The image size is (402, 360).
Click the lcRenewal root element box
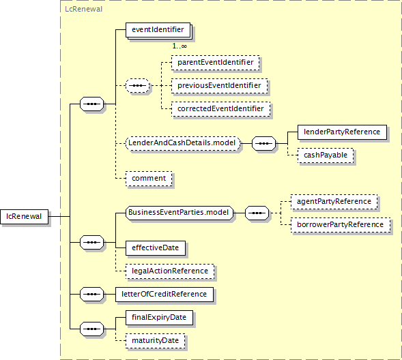[24, 217]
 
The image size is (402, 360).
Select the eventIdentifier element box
[158, 30]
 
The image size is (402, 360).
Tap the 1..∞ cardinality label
[180, 46]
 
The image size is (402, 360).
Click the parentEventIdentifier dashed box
[216, 63]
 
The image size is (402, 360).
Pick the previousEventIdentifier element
[219, 85]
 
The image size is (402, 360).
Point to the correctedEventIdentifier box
[220, 109]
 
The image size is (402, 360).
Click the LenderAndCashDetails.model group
[183, 143]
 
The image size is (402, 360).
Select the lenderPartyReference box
[342, 132]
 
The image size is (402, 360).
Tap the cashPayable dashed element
[326, 155]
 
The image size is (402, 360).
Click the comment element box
[149, 179]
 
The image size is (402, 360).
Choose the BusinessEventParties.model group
[180, 213]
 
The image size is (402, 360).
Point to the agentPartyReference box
[334, 202]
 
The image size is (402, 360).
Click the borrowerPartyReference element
[341, 225]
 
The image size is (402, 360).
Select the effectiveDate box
[156, 248]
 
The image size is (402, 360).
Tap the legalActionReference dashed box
[170, 271]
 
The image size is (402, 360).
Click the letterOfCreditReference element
[164, 295]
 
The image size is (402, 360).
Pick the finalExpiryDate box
[159, 318]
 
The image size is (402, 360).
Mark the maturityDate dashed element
[156, 341]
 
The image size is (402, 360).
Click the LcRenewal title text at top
[83, 10]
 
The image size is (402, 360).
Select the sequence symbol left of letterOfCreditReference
[91, 294]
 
